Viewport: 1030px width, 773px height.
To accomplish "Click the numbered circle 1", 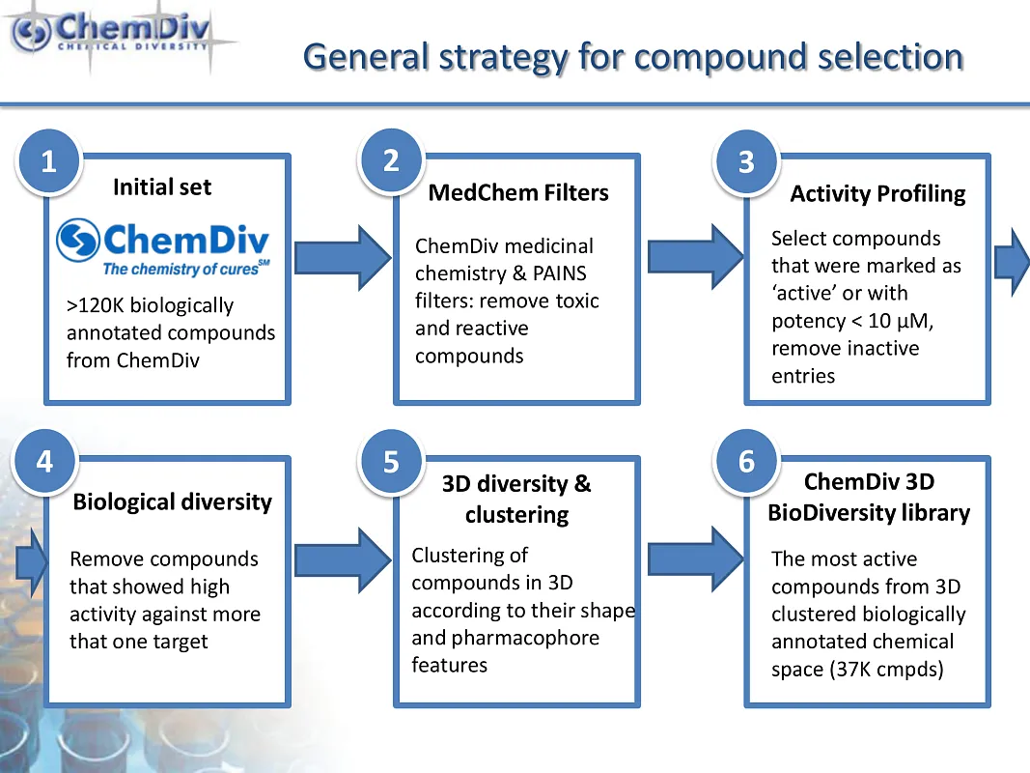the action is (49, 161).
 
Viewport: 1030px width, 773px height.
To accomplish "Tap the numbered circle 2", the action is (392, 160).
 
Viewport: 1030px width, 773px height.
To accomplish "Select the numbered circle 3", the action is (747, 161).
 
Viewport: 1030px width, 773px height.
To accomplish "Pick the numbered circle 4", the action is (44, 462).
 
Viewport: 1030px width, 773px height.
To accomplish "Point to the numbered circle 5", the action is (392, 462).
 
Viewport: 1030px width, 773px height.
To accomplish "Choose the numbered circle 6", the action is (747, 462).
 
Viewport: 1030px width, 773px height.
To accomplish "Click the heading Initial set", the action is (162, 187).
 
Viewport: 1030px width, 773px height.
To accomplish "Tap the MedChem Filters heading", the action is (518, 192).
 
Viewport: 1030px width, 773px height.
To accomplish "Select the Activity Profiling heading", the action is (877, 194).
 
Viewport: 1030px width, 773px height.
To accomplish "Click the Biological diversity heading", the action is (172, 502).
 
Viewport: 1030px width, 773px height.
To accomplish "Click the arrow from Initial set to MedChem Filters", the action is (343, 258).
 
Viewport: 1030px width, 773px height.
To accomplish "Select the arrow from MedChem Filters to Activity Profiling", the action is (696, 257).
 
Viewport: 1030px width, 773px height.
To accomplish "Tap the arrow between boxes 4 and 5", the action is (343, 560).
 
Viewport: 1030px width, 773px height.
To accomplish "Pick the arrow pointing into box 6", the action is (696, 560).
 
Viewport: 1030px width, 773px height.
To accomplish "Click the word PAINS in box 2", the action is (560, 273).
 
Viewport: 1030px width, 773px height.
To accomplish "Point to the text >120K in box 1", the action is (96, 305).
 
